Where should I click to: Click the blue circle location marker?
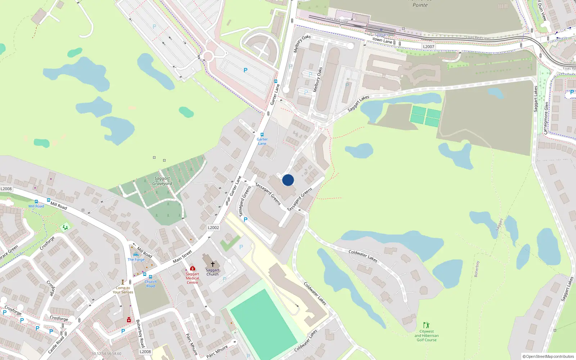coord(288,180)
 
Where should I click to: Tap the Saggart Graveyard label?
coord(162,181)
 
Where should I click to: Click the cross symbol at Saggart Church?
coord(213,264)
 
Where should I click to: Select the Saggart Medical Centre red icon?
coord(193,268)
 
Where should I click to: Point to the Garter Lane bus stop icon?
coord(262,135)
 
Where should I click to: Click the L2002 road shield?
coord(213,228)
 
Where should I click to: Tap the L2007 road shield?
coord(428,47)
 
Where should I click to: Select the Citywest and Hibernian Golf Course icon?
coord(426,325)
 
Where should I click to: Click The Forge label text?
coord(136,260)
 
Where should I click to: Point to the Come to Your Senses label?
coord(123,290)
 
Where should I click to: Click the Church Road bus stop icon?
coord(150,277)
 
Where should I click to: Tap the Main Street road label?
coord(182,256)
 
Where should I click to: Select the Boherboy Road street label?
coord(140,333)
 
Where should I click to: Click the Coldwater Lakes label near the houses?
coord(363,256)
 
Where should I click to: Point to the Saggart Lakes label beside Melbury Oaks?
coord(358,103)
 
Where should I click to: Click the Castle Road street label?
coord(56,345)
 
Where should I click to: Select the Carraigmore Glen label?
coord(546,118)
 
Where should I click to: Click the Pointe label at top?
coord(420,5)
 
